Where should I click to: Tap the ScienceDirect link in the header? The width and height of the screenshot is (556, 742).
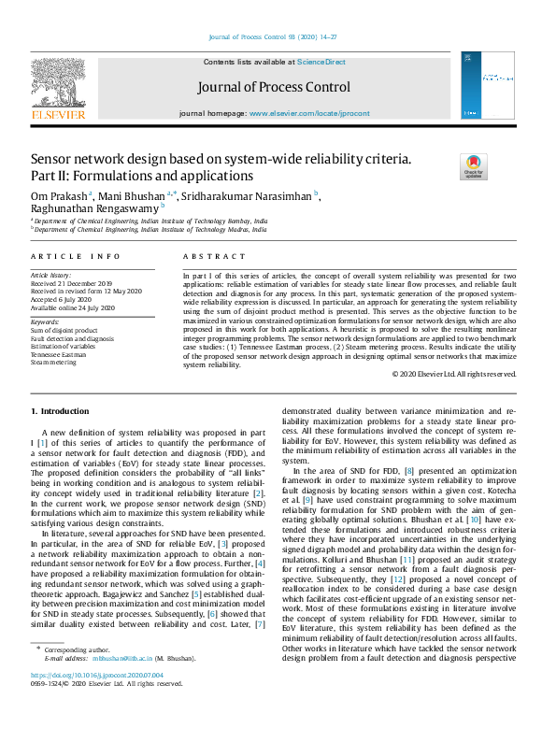click(x=321, y=62)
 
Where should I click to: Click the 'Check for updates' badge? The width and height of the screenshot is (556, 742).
click(x=473, y=167)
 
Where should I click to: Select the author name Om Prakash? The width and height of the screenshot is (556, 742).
click(x=58, y=195)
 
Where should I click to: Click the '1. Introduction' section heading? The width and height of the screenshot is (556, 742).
click(x=61, y=410)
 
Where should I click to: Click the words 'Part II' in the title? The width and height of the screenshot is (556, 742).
click(x=46, y=176)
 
